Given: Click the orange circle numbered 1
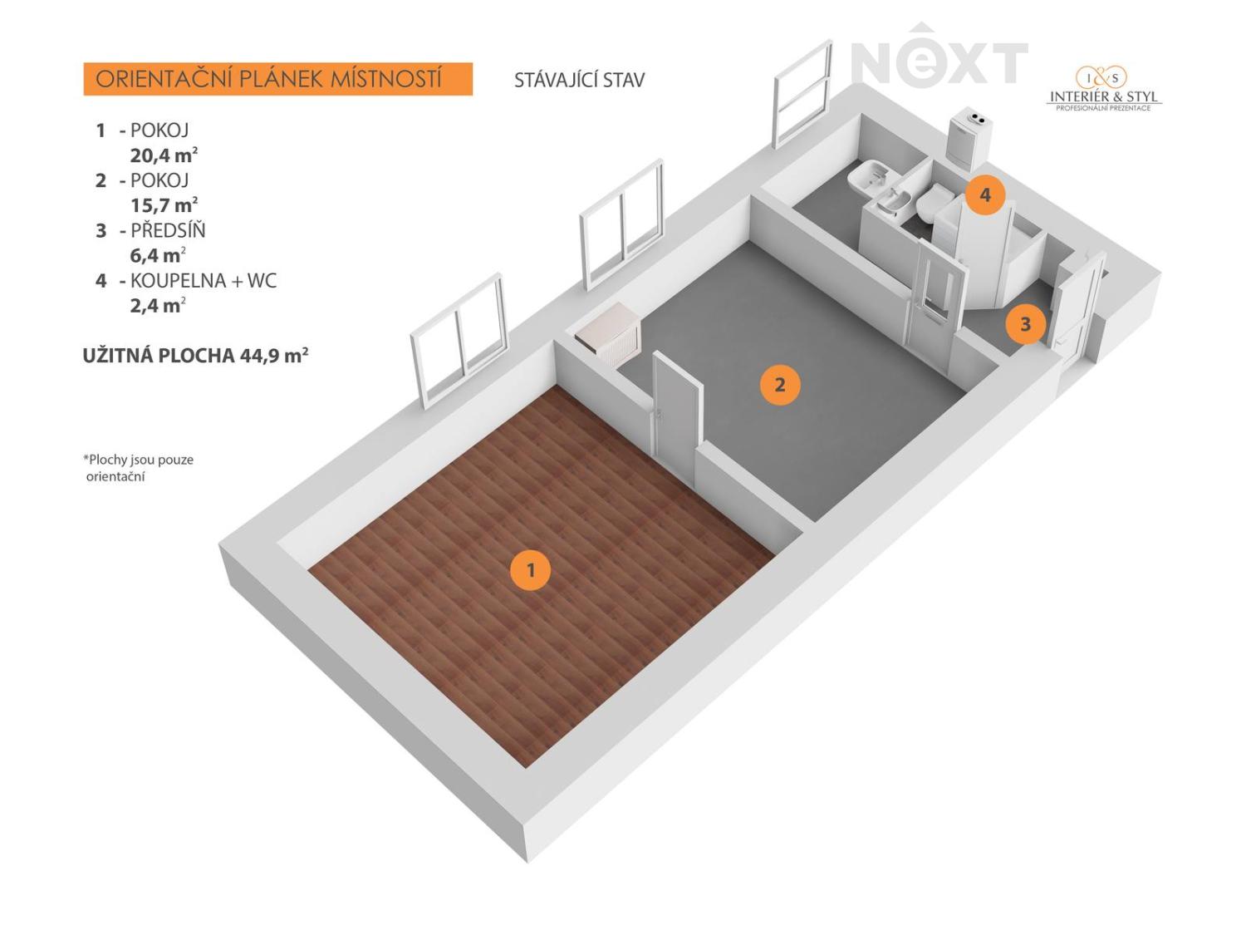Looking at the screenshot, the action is [x=530, y=569].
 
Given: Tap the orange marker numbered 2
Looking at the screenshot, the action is [x=780, y=385].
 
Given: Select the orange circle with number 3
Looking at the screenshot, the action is [x=1025, y=324].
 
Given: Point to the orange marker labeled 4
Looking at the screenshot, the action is [x=985, y=194].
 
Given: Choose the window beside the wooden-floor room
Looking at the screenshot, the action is [x=459, y=341].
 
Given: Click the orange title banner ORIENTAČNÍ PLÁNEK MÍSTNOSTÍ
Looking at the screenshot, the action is [x=277, y=79].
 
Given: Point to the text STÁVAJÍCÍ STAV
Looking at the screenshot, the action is [x=579, y=80].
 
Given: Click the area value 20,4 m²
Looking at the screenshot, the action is [x=164, y=155].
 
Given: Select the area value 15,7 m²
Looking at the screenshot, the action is [x=164, y=204].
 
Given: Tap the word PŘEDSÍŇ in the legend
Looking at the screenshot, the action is [x=168, y=230].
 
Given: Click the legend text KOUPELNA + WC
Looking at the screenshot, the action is [x=204, y=280].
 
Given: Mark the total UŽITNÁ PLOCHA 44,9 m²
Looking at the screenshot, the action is [x=195, y=356].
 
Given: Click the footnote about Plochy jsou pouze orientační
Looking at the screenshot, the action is [x=139, y=468].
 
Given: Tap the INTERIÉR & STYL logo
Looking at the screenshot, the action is [x=1103, y=89].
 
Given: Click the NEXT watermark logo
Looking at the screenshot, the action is [x=939, y=57].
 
